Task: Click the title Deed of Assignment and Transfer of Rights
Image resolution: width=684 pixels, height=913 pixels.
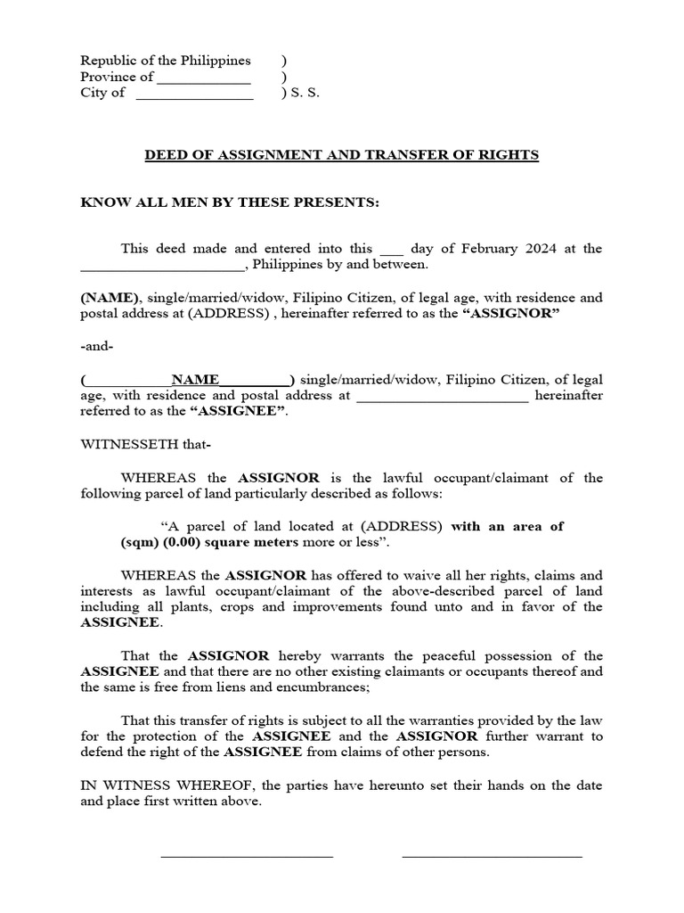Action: [342, 155]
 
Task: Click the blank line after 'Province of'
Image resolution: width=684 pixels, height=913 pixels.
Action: [204, 81]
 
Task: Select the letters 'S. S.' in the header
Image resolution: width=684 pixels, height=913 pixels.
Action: [306, 94]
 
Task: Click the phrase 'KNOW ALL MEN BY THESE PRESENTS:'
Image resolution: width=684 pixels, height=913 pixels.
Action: [230, 202]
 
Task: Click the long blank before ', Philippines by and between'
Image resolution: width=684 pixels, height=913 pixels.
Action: [161, 267]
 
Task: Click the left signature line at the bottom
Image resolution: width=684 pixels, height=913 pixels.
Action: [247, 856]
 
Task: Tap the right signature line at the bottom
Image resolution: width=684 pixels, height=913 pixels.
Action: [492, 856]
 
